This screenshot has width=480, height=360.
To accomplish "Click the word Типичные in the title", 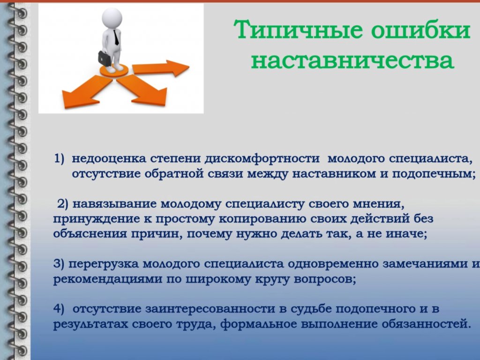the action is [x=298, y=30].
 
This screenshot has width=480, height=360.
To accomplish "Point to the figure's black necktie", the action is [x=116, y=37].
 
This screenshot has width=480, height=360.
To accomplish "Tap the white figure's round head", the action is [x=112, y=18].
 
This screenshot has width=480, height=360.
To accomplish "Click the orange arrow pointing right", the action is [x=161, y=68].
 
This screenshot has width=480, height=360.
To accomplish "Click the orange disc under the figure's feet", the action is [x=114, y=71].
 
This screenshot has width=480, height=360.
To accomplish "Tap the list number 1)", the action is [x=60, y=158].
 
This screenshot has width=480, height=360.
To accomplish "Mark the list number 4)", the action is [x=59, y=308].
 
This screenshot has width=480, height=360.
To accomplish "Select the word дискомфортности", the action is [x=262, y=158].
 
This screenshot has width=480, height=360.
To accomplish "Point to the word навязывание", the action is [x=114, y=204].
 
